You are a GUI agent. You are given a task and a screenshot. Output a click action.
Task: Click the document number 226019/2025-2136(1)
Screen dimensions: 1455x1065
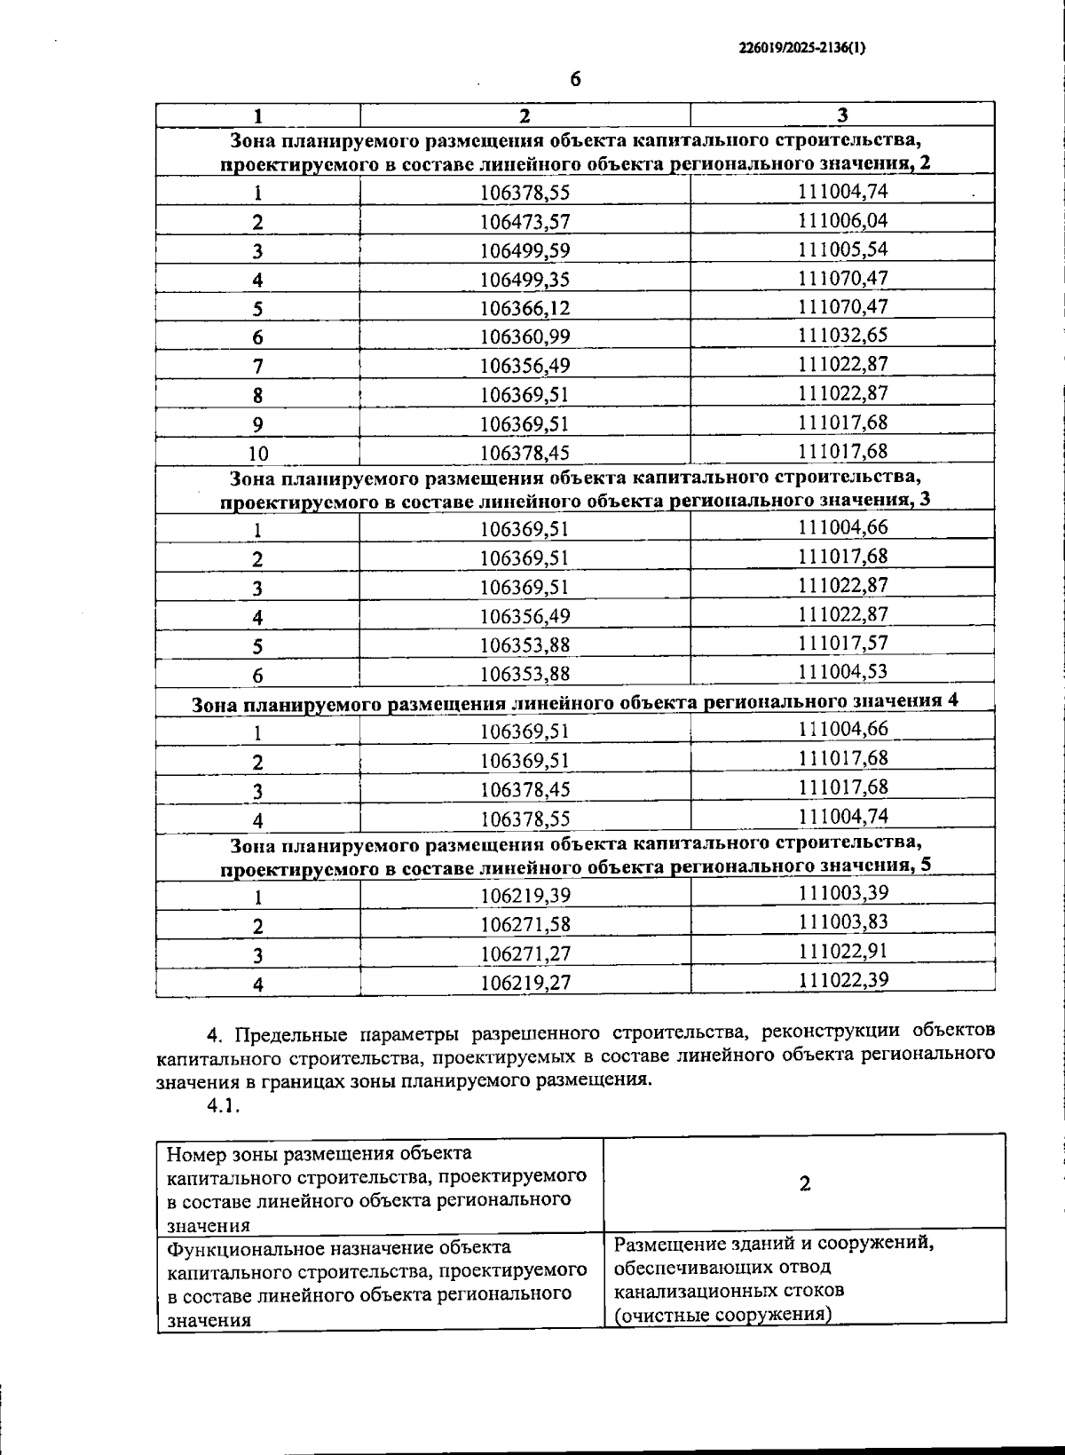801,50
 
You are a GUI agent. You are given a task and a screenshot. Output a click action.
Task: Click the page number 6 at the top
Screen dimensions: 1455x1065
575,79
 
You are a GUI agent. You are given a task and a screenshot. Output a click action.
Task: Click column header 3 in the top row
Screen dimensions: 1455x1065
842,115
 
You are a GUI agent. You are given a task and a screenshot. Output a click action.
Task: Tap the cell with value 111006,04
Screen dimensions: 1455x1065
842,220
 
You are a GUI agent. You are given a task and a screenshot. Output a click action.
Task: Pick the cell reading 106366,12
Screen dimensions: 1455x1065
525,308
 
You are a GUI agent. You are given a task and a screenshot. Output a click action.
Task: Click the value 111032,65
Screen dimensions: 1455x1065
842,336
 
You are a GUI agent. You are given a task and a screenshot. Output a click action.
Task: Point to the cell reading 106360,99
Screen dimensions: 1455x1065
525,336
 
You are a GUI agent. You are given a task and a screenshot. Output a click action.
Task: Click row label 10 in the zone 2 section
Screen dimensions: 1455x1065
257,453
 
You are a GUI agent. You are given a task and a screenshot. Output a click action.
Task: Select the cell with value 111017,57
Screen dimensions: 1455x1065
842,643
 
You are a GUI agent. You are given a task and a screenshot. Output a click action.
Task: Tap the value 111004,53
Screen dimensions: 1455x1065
842,671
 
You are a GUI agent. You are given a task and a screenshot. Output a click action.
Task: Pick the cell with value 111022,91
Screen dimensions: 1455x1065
842,951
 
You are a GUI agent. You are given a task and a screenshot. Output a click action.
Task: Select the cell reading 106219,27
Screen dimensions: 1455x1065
525,983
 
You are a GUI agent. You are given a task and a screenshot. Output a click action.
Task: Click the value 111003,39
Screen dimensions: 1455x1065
842,893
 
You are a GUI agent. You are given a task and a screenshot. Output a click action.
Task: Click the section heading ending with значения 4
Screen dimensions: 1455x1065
575,701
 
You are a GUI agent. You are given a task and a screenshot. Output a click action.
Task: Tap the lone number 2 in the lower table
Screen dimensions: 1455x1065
804,1183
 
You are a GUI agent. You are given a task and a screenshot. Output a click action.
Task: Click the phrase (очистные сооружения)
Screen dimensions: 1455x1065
722,1314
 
